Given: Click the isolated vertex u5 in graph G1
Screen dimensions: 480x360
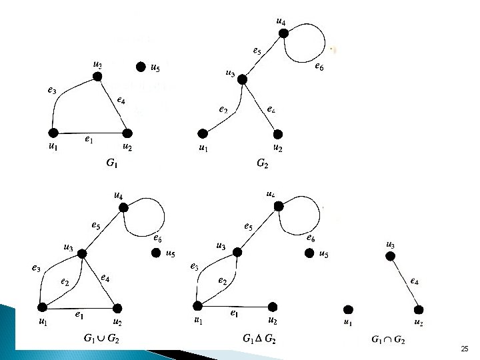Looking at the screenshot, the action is tap(141, 67).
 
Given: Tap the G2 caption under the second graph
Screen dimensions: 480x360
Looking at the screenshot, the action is tap(263, 162).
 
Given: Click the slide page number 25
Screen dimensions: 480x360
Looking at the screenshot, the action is tap(465, 349).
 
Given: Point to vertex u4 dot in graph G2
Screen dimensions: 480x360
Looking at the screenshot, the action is tap(283, 33).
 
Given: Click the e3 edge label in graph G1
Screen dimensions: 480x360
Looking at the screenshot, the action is tap(52, 91).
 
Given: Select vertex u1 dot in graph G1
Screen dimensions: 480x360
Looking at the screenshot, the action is tap(53, 133).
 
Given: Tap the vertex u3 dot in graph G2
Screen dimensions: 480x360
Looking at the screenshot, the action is tap(243, 79).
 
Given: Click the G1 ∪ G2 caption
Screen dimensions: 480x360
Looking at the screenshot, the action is tap(102, 339).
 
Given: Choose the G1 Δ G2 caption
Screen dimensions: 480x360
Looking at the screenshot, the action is tap(260, 339).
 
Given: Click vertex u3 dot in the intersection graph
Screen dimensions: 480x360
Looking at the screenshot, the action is tap(391, 257).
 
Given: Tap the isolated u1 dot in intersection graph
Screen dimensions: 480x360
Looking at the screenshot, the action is tap(348, 309).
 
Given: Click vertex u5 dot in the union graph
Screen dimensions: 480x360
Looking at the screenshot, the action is tap(156, 253).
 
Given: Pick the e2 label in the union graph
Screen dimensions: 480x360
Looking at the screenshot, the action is tap(65, 282).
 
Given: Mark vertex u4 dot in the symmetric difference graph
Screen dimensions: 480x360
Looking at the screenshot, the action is tap(279, 207).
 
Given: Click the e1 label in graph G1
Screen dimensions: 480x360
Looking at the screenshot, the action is tap(88, 139).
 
